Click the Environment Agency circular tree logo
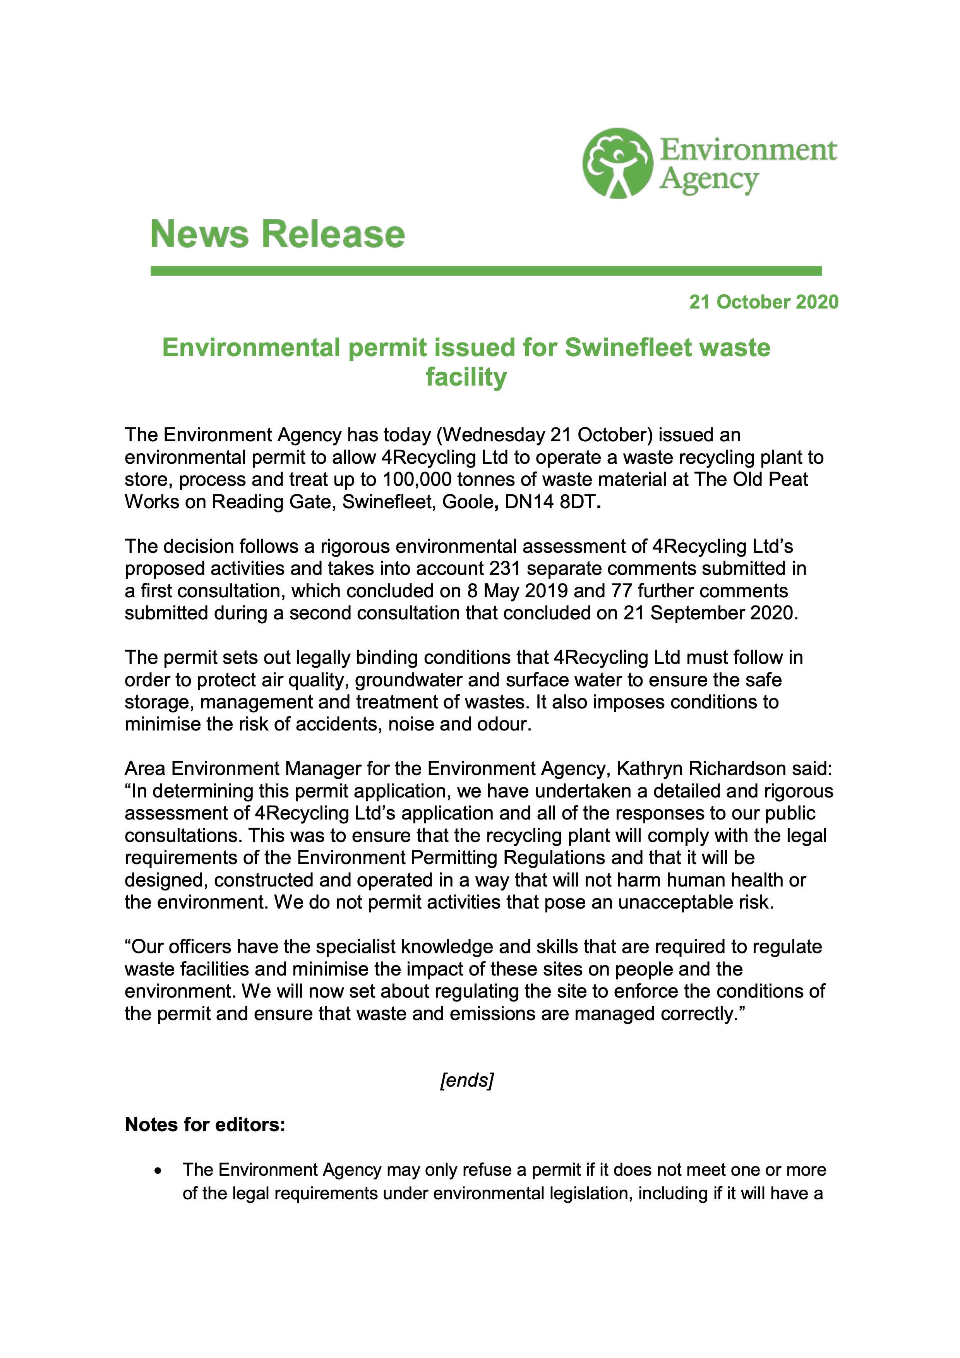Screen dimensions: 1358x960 pyautogui.click(x=617, y=163)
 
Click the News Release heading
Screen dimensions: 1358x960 pyautogui.click(x=278, y=234)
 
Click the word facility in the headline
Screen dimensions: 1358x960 pyautogui.click(x=466, y=377)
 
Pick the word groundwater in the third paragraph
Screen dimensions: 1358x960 pyautogui.click(x=408, y=680)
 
